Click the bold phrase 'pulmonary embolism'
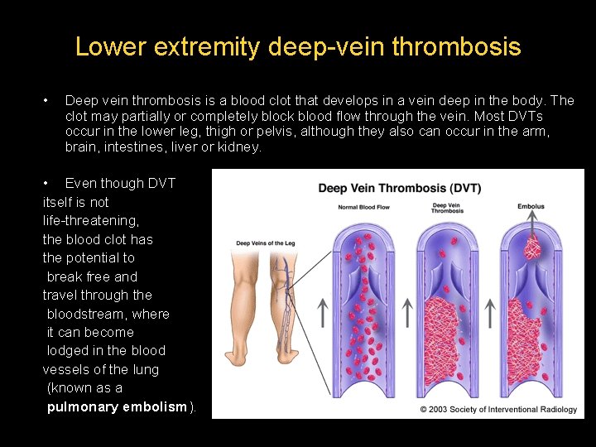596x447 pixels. pyautogui.click(x=118, y=406)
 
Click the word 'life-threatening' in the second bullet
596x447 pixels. pyautogui.click(x=91, y=220)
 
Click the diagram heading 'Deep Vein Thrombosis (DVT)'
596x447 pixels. pyautogui.click(x=399, y=188)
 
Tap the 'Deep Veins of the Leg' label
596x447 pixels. pyautogui.click(x=265, y=243)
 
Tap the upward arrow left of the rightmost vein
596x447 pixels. pyautogui.click(x=489, y=312)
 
